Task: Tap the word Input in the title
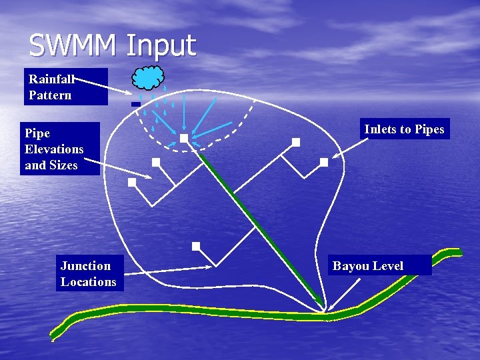click(161, 47)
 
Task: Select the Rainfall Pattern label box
click(65, 87)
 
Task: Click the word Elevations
click(54, 149)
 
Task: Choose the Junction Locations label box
click(88, 273)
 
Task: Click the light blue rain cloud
click(148, 78)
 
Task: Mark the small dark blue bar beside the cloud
click(135, 104)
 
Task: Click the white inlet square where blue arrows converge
click(183, 139)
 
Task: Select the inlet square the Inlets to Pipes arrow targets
click(323, 162)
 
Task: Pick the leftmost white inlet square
click(132, 181)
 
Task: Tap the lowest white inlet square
click(196, 246)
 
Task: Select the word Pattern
click(50, 95)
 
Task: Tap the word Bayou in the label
click(351, 266)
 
